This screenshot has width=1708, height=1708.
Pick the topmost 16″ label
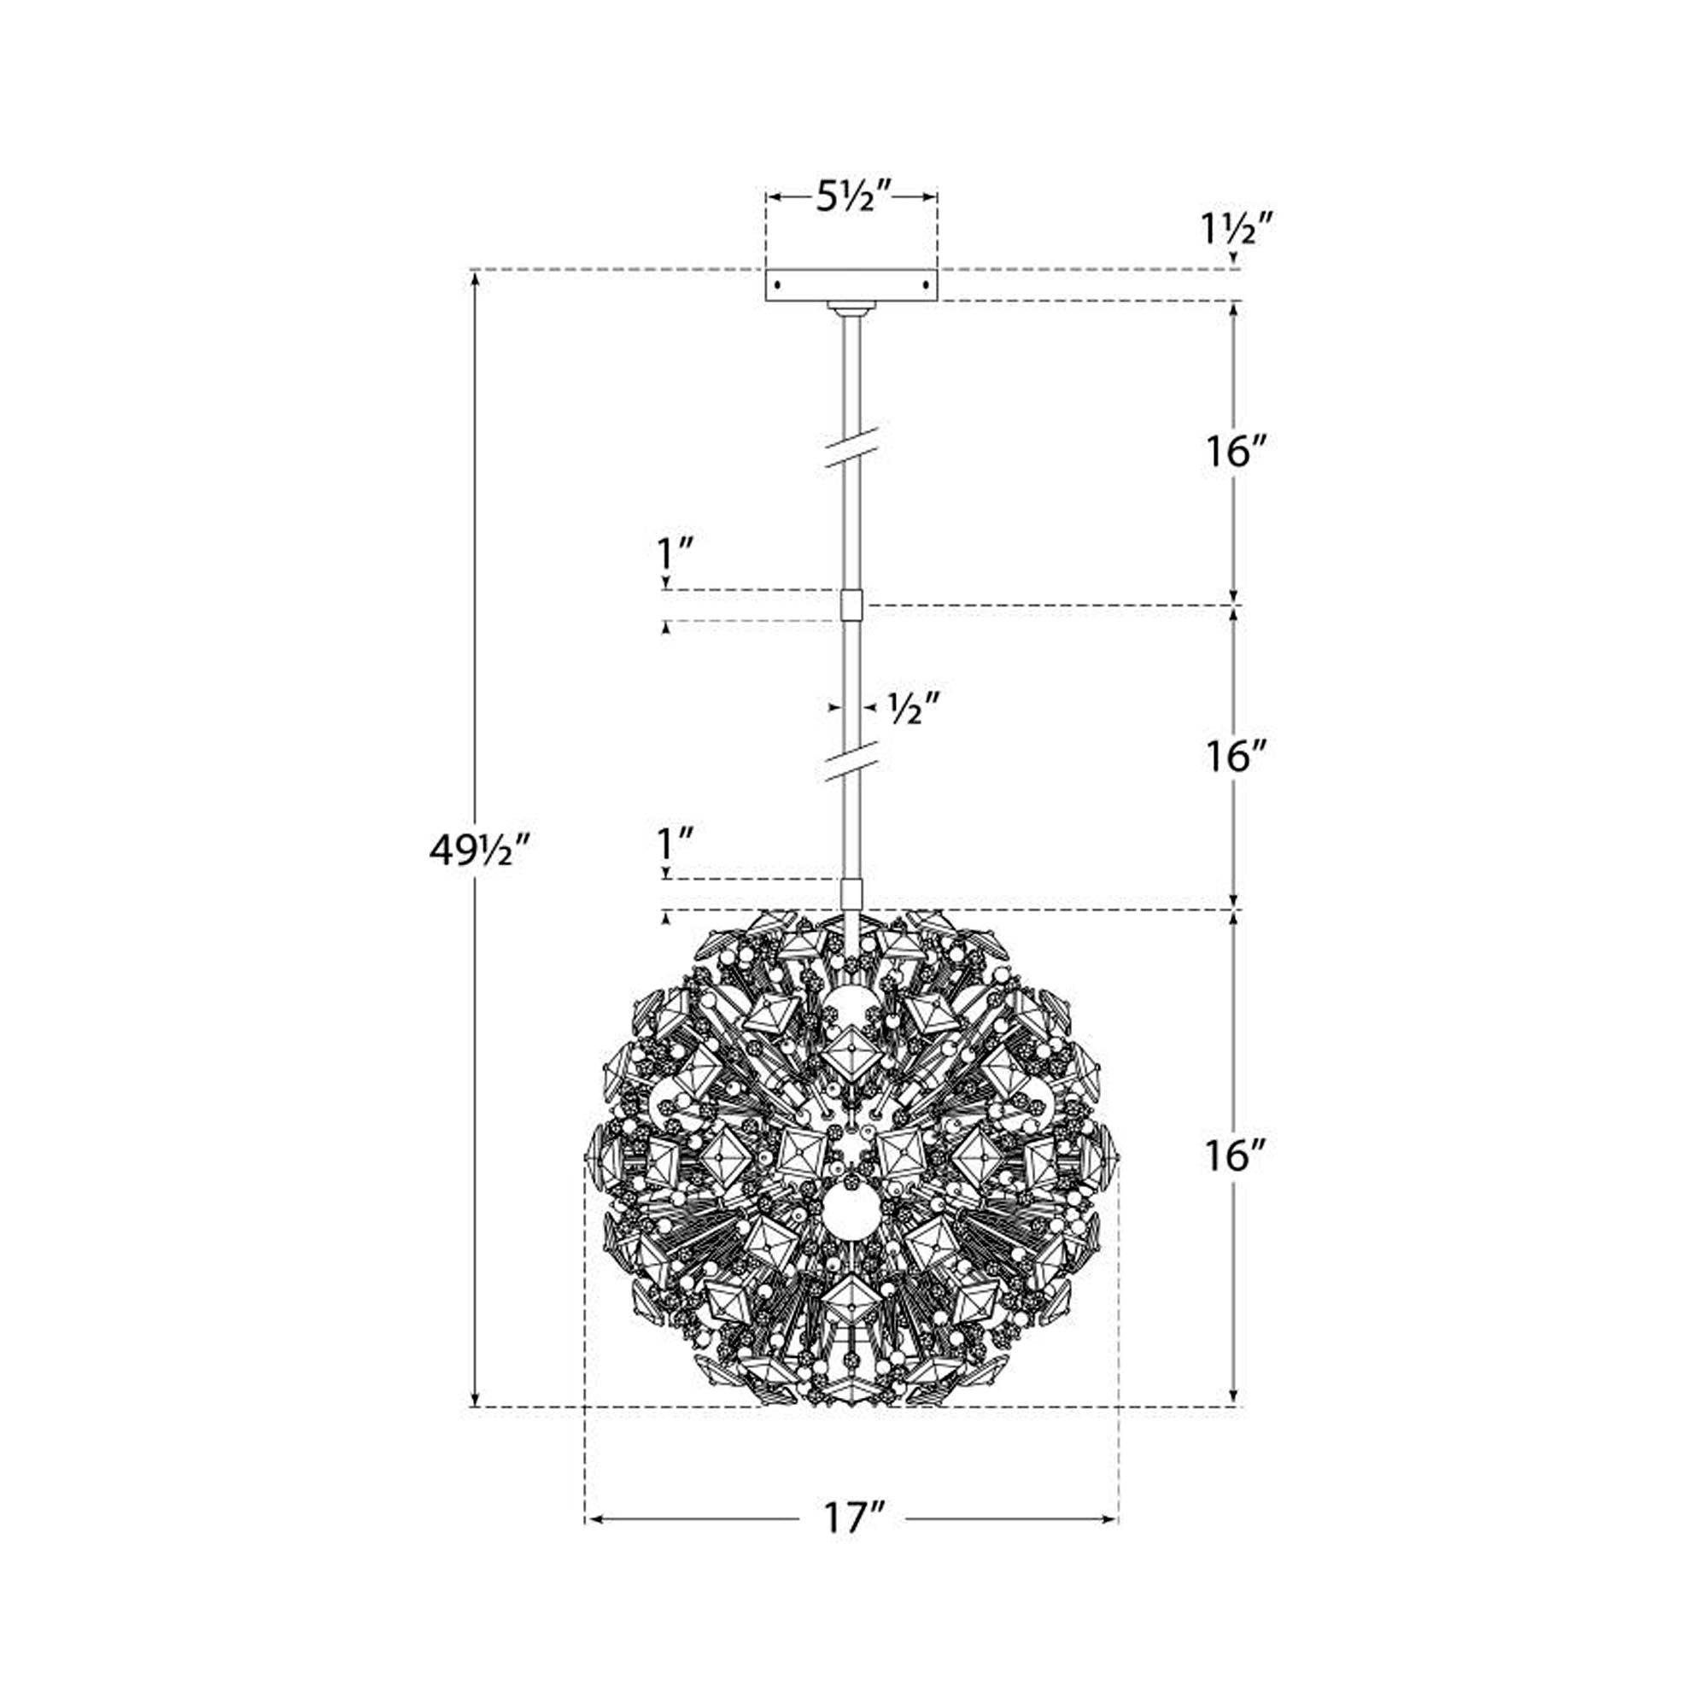click(x=1235, y=453)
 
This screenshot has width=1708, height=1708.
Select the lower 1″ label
click(x=674, y=845)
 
